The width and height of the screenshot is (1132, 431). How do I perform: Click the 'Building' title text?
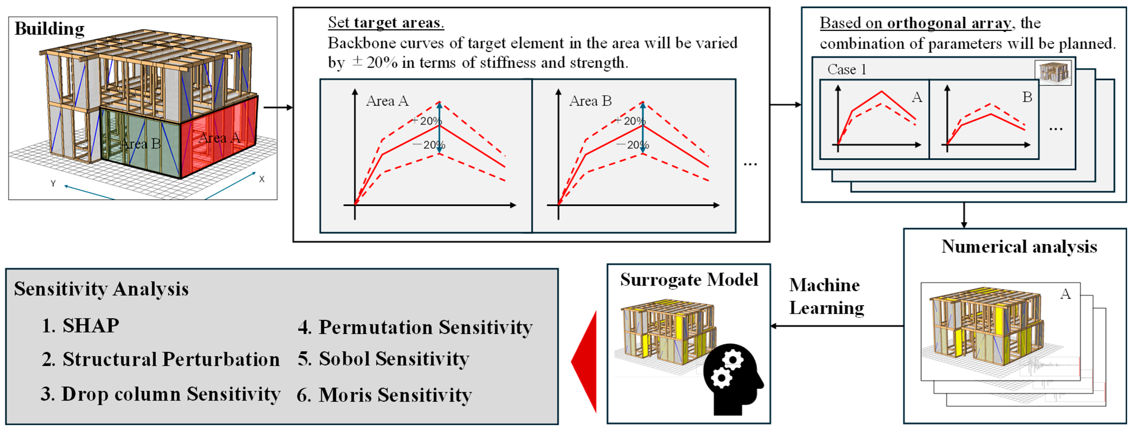click(x=49, y=29)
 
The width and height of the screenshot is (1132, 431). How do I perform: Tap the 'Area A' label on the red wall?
click(x=219, y=138)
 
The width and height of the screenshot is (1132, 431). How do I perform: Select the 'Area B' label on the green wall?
click(x=141, y=144)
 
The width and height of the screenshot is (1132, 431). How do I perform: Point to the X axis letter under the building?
click(x=262, y=179)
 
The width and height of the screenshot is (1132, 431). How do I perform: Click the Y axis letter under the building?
click(x=53, y=184)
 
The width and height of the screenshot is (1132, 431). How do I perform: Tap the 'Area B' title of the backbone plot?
click(x=590, y=101)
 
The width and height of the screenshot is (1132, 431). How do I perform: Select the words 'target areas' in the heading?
click(x=398, y=22)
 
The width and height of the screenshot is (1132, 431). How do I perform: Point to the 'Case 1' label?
click(x=846, y=69)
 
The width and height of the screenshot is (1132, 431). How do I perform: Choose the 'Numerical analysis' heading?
click(x=1019, y=247)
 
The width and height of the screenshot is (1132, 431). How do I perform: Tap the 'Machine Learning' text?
click(x=826, y=297)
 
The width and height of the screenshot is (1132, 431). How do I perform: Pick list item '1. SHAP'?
click(x=80, y=326)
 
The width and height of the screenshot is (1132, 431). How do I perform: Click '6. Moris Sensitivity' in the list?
click(x=384, y=395)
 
